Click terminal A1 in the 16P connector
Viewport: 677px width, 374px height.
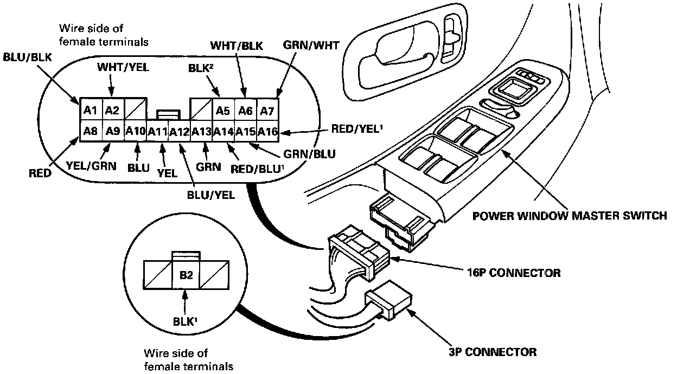click(x=91, y=109)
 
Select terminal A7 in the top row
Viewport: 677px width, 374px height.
click(x=267, y=110)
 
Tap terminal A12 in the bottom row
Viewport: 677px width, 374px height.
click(x=179, y=131)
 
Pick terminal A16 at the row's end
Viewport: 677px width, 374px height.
click(x=267, y=131)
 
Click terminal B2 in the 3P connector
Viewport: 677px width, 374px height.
click(x=186, y=275)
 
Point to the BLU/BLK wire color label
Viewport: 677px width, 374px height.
click(x=27, y=57)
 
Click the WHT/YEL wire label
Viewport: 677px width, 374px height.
click(x=123, y=67)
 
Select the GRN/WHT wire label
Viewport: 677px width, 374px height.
click(x=311, y=46)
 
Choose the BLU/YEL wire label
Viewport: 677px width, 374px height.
click(x=211, y=195)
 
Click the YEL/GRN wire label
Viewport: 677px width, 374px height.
click(x=91, y=166)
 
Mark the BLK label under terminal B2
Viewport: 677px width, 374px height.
click(x=185, y=321)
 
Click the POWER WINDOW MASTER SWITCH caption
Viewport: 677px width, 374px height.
click(x=570, y=216)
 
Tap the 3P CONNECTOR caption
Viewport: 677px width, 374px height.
click(x=493, y=352)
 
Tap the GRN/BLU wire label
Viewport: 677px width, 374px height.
click(x=309, y=154)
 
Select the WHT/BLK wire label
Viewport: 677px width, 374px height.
click(x=237, y=46)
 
